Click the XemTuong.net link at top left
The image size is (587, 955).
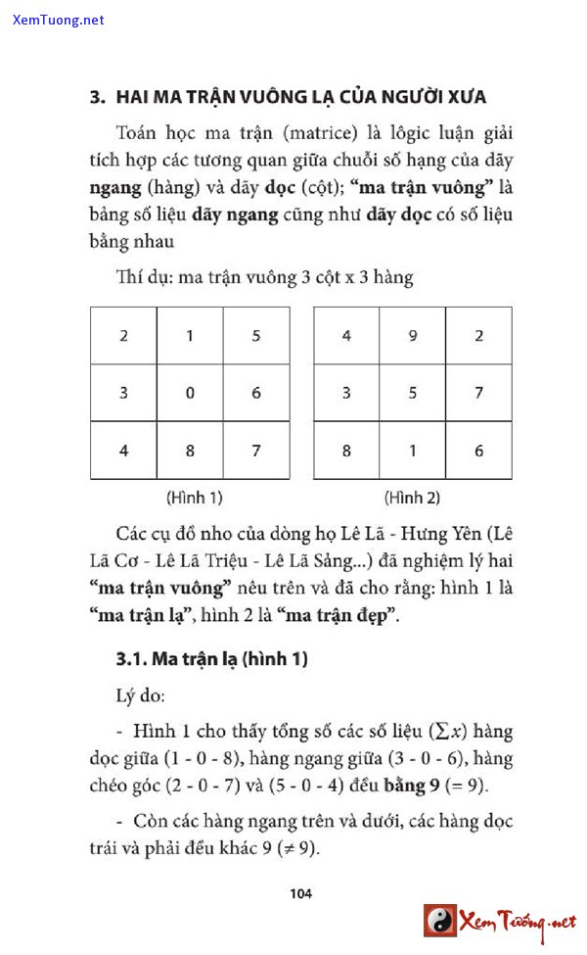pos(59,20)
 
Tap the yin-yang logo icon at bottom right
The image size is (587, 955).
pos(440,920)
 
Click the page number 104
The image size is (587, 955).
pos(301,892)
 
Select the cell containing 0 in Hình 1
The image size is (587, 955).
pos(190,393)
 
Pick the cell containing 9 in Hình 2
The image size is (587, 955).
pos(413,336)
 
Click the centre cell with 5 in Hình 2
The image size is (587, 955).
pos(413,393)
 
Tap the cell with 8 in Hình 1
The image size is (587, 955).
pos(190,451)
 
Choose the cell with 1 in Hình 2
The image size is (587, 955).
pos(413,451)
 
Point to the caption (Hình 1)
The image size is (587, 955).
pos(194,498)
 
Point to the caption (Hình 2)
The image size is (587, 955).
pos(412,498)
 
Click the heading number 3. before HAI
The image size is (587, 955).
pos(96,97)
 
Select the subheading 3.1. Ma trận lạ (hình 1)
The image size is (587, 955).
pos(211,659)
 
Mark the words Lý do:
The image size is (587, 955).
pos(141,697)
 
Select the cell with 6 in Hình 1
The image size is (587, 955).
pos(256,393)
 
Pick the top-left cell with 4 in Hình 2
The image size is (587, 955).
pos(346,336)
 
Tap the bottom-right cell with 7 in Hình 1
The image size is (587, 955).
pos(256,451)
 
